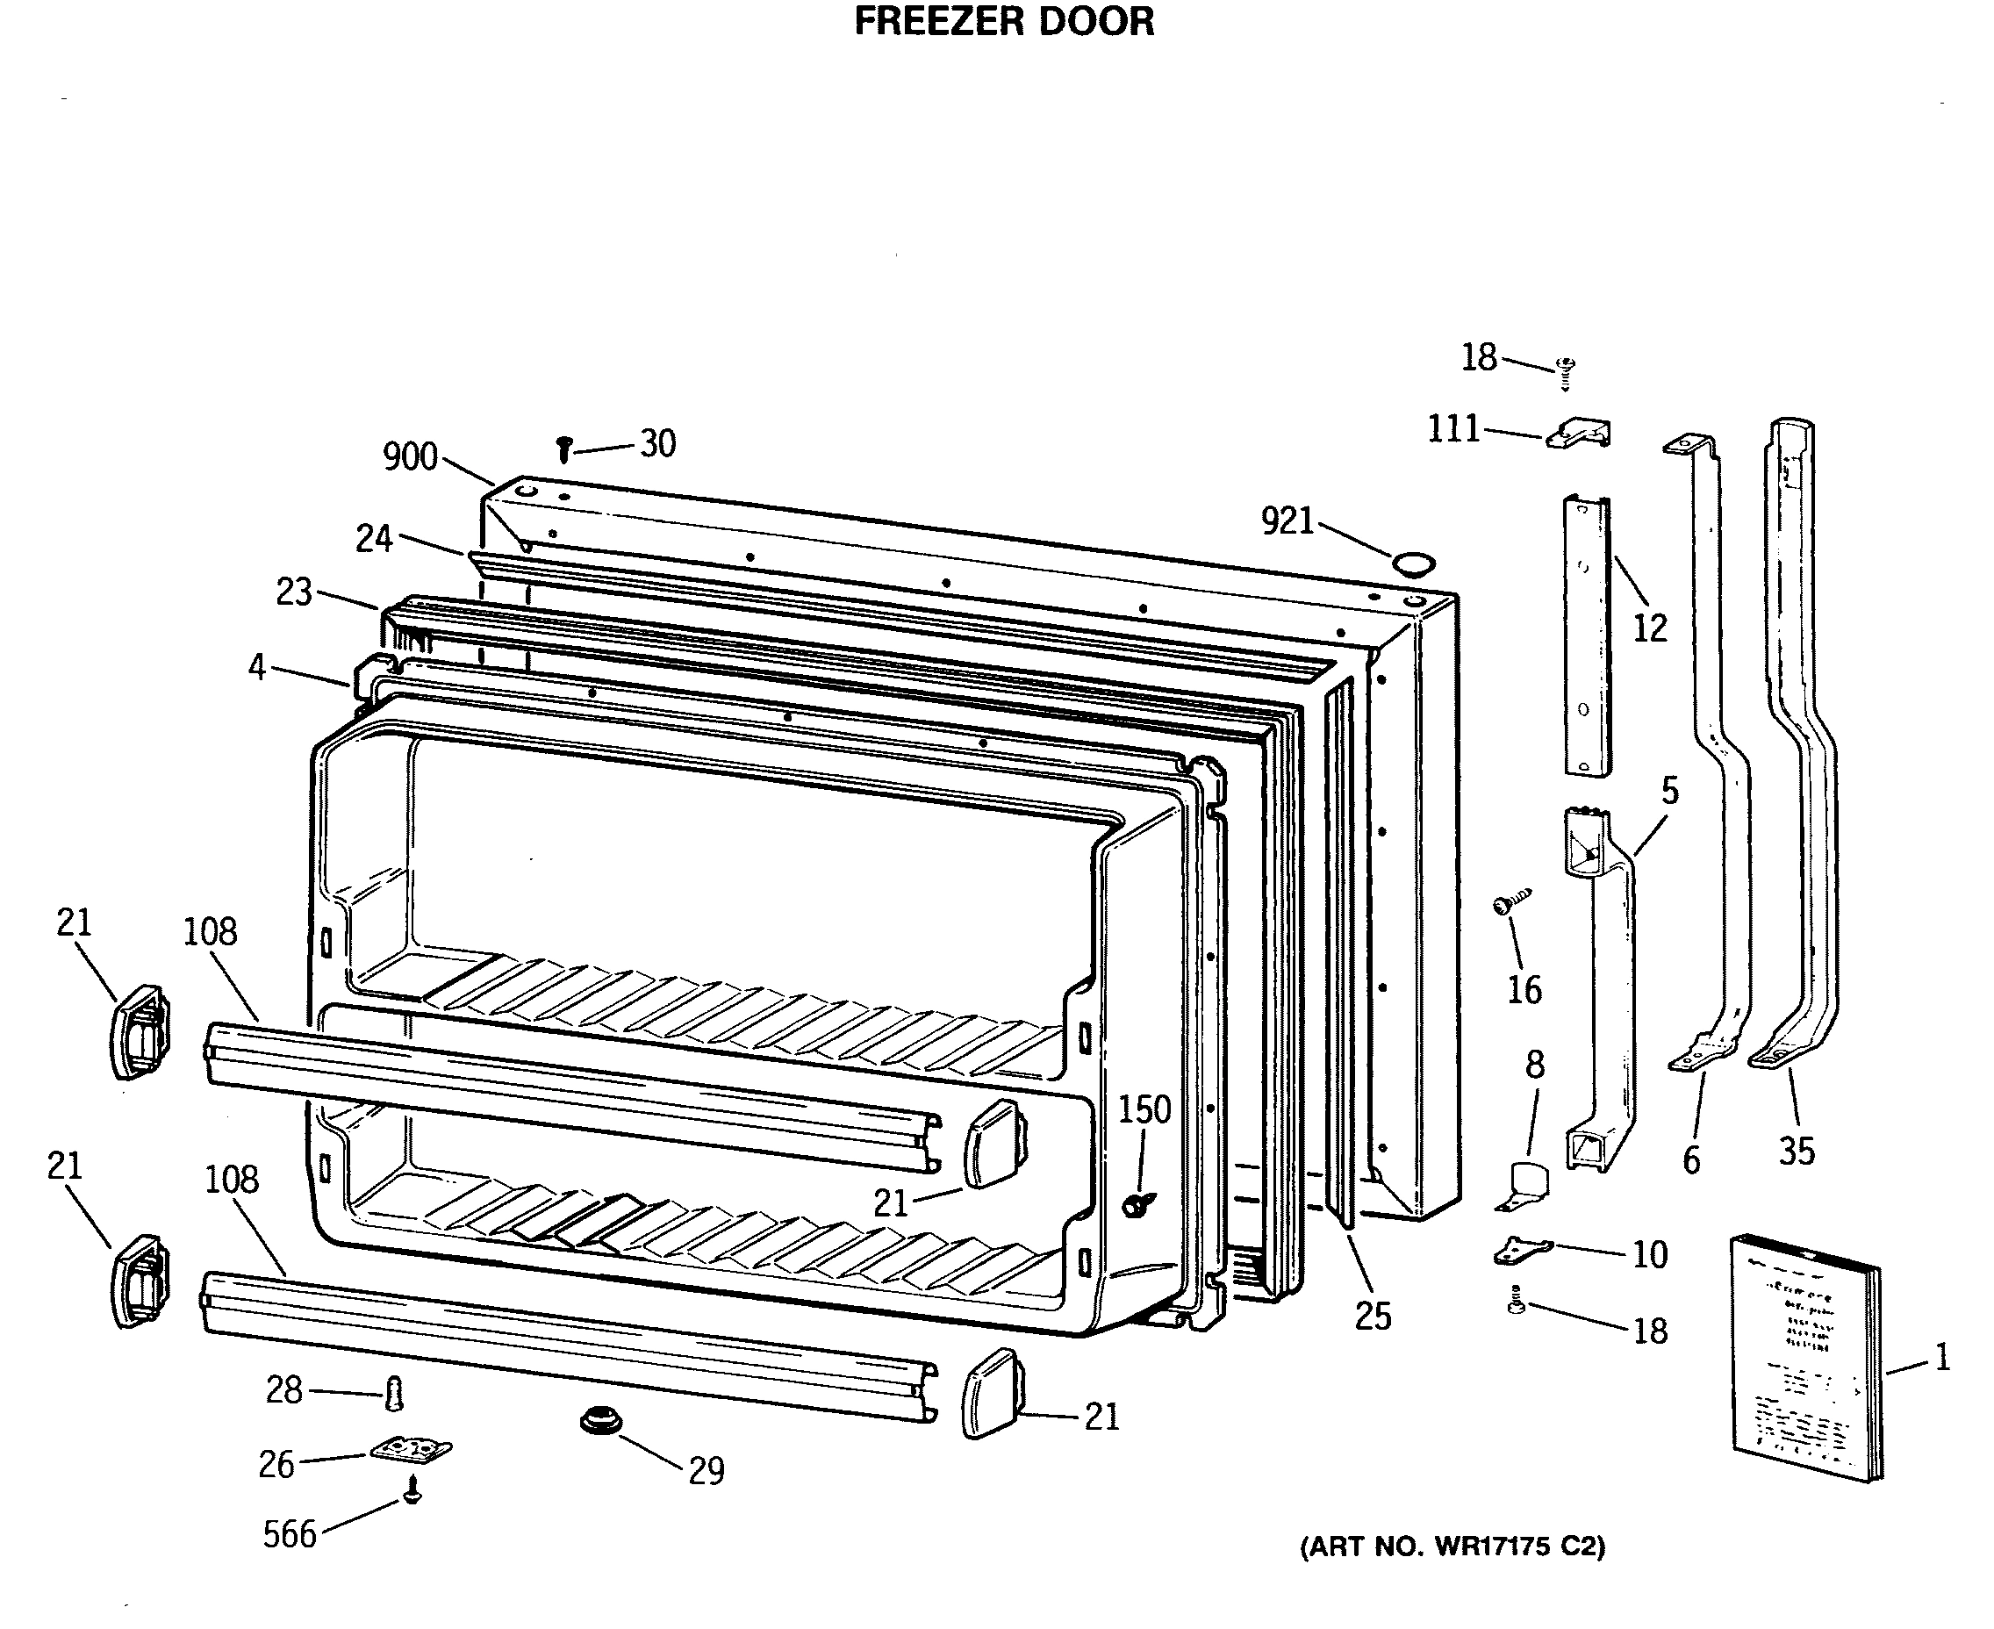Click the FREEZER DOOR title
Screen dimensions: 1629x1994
click(x=1003, y=21)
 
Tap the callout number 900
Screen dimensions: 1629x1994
click(x=410, y=457)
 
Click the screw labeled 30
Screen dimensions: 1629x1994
click(x=564, y=449)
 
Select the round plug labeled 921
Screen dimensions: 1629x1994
click(x=1412, y=564)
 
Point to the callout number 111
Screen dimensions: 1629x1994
click(x=1452, y=429)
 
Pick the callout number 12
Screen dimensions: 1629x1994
click(x=1650, y=628)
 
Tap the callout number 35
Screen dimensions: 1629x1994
click(x=1796, y=1152)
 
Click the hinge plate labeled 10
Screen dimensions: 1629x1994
click(x=1521, y=1249)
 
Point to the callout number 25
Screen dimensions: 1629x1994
click(x=1372, y=1317)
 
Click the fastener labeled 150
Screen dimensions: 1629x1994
click(x=1138, y=1204)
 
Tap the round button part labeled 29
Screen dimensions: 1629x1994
click(x=600, y=1421)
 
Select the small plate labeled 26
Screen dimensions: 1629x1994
click(x=410, y=1450)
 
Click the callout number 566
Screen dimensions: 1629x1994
click(x=289, y=1534)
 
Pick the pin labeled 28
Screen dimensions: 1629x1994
click(x=394, y=1393)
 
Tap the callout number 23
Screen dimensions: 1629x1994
click(x=293, y=592)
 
